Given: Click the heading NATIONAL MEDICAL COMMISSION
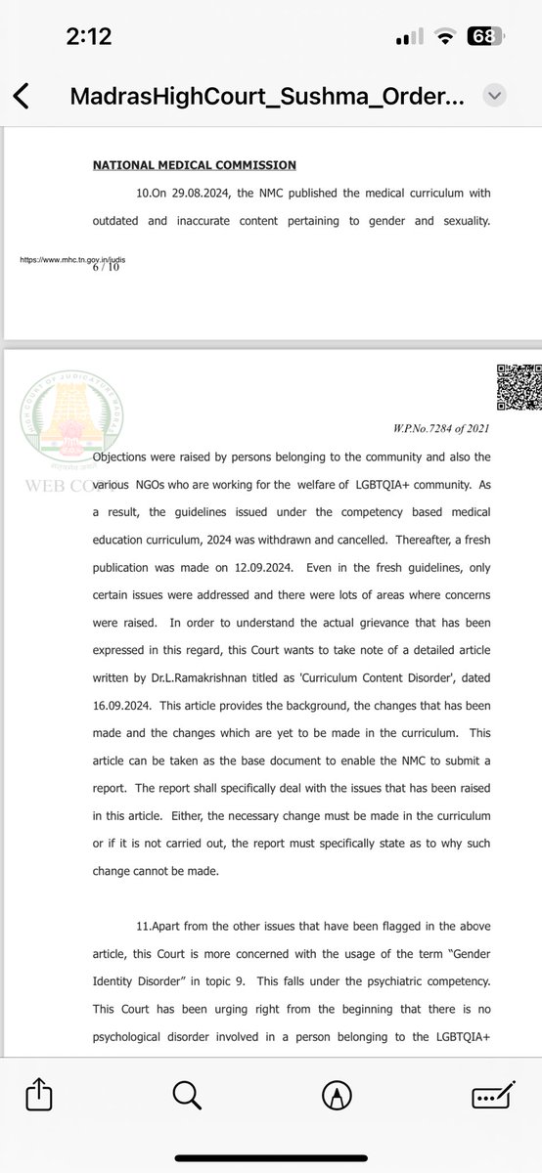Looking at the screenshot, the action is [x=195, y=165].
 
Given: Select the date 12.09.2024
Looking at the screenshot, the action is [x=272, y=567].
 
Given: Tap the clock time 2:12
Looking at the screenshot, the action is [x=89, y=37].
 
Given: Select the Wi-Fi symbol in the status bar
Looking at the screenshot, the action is [x=447, y=37].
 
